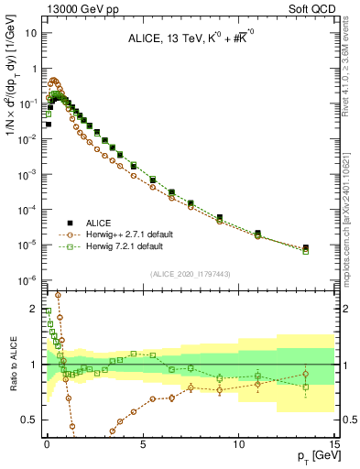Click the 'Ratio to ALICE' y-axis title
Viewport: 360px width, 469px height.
12,363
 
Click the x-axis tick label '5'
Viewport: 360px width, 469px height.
143,442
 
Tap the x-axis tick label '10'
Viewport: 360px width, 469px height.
238,442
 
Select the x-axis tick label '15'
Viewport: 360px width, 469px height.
333,442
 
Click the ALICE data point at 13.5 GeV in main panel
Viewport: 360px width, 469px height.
305,247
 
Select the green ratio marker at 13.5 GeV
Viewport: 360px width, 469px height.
305,387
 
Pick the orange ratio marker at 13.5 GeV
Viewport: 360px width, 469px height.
305,374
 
